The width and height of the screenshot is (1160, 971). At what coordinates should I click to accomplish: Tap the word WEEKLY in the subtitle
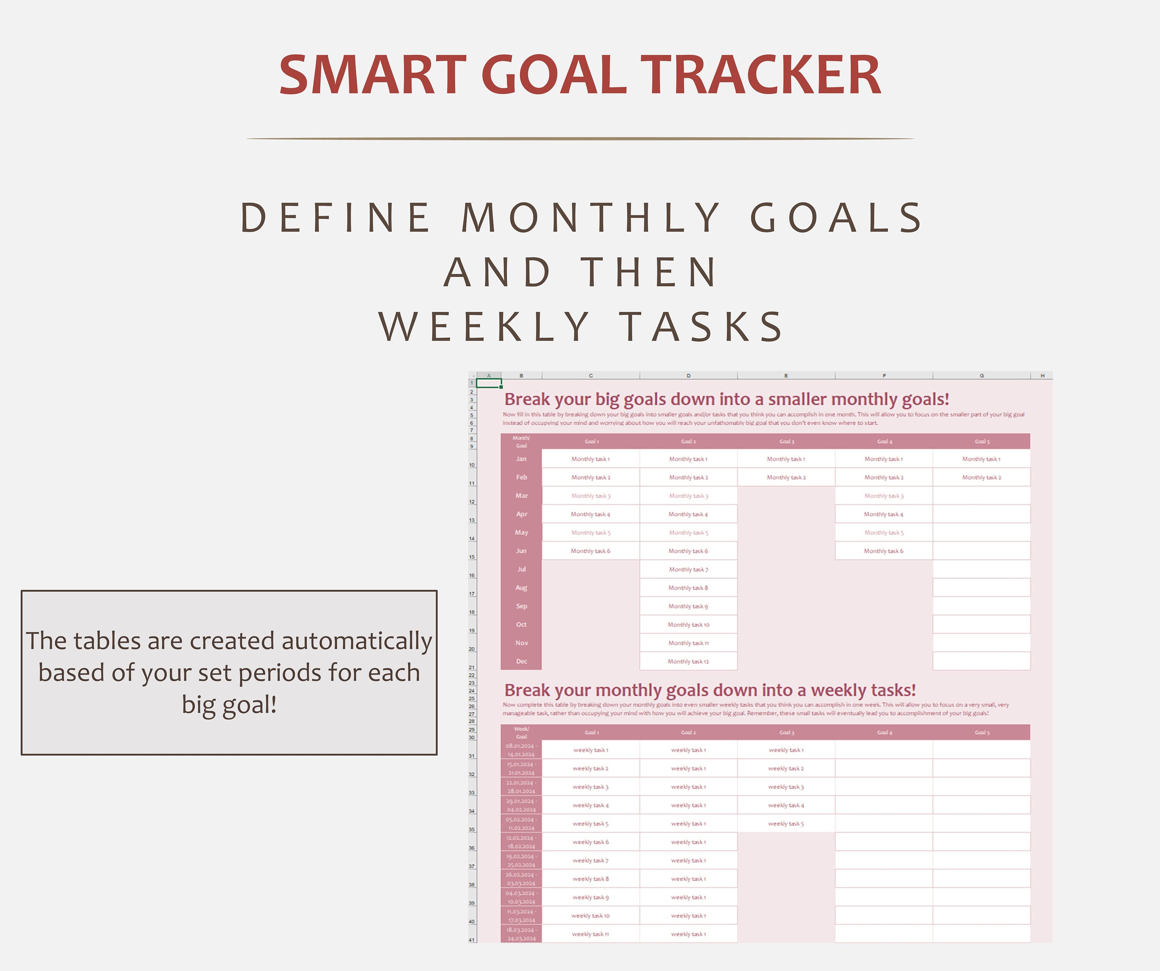[x=484, y=326]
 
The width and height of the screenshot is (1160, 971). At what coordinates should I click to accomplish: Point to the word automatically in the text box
[x=356, y=641]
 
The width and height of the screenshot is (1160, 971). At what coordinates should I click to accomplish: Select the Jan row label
[x=521, y=459]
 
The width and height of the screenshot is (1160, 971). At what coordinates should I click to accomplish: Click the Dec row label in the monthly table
[x=521, y=661]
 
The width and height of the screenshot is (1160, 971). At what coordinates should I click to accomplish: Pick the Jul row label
[x=521, y=569]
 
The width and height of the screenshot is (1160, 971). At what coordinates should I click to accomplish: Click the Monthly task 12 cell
[x=688, y=661]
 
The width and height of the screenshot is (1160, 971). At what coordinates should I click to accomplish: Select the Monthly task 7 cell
[x=688, y=569]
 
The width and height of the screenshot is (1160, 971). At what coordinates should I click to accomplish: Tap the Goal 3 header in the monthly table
[x=786, y=441]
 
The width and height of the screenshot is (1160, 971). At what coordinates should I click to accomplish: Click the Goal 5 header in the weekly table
[x=982, y=732]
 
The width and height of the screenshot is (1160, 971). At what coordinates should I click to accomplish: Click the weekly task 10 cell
[x=590, y=916]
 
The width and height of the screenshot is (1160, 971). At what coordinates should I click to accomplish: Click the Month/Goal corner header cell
[x=521, y=441]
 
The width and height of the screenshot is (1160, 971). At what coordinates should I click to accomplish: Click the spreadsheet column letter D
[x=688, y=375]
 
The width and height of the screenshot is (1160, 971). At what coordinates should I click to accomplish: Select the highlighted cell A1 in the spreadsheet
[x=489, y=383]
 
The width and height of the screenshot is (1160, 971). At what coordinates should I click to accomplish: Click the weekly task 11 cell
[x=590, y=934]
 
